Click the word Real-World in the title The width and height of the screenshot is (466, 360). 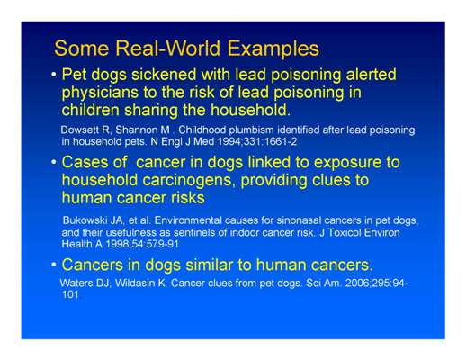(x=168, y=48)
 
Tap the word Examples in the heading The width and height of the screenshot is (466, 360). (x=273, y=49)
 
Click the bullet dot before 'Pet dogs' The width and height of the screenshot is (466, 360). (x=54, y=74)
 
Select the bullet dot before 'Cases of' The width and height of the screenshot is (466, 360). (x=54, y=162)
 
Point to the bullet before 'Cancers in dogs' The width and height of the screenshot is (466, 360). (x=54, y=265)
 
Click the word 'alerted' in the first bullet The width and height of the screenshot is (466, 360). (x=372, y=74)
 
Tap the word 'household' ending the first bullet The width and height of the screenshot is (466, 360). (x=249, y=110)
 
